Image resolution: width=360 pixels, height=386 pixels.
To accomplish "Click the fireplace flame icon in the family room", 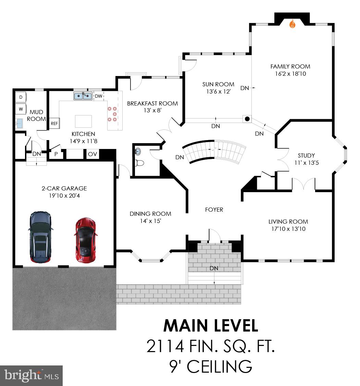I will tap(292, 24).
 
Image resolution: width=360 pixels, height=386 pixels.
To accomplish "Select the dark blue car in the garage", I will tap(41, 237).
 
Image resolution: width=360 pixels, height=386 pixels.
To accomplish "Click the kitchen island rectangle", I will tap(83, 121).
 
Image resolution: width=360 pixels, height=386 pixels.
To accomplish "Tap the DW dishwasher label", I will tap(99, 96).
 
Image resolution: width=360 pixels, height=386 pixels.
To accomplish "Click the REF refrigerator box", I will tap(54, 124).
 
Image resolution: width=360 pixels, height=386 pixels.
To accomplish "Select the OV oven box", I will tap(92, 154).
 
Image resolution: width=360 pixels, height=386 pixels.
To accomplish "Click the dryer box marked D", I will tap(21, 97).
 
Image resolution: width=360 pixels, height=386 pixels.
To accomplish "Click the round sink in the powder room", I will tap(138, 150).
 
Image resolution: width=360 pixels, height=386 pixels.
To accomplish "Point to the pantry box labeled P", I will tap(55, 154).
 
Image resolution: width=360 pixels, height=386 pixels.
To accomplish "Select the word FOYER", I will tap(214, 210).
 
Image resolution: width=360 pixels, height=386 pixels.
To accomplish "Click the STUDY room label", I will tap(306, 155).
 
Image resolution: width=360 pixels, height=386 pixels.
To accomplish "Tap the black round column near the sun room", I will tap(247, 119).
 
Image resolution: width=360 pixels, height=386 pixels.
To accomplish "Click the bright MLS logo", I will tap(31, 375).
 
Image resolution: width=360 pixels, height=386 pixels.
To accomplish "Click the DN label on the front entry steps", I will tap(214, 268).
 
